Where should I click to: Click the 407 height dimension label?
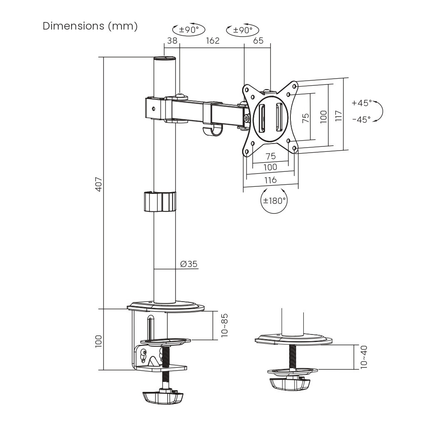(99, 184)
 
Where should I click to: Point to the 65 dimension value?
(258, 40)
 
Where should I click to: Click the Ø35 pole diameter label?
(188, 264)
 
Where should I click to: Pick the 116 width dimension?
(270, 180)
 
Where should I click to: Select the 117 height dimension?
(338, 114)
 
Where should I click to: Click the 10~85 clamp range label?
(225, 325)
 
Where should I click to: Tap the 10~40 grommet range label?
(364, 356)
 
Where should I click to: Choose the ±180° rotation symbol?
(273, 201)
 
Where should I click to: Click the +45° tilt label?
(361, 103)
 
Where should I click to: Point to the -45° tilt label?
(361, 119)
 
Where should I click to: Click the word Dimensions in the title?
(73, 26)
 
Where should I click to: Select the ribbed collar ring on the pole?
(160, 201)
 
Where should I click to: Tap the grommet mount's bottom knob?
(291, 383)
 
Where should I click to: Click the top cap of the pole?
(165, 59)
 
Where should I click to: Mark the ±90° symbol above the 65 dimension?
(242, 30)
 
